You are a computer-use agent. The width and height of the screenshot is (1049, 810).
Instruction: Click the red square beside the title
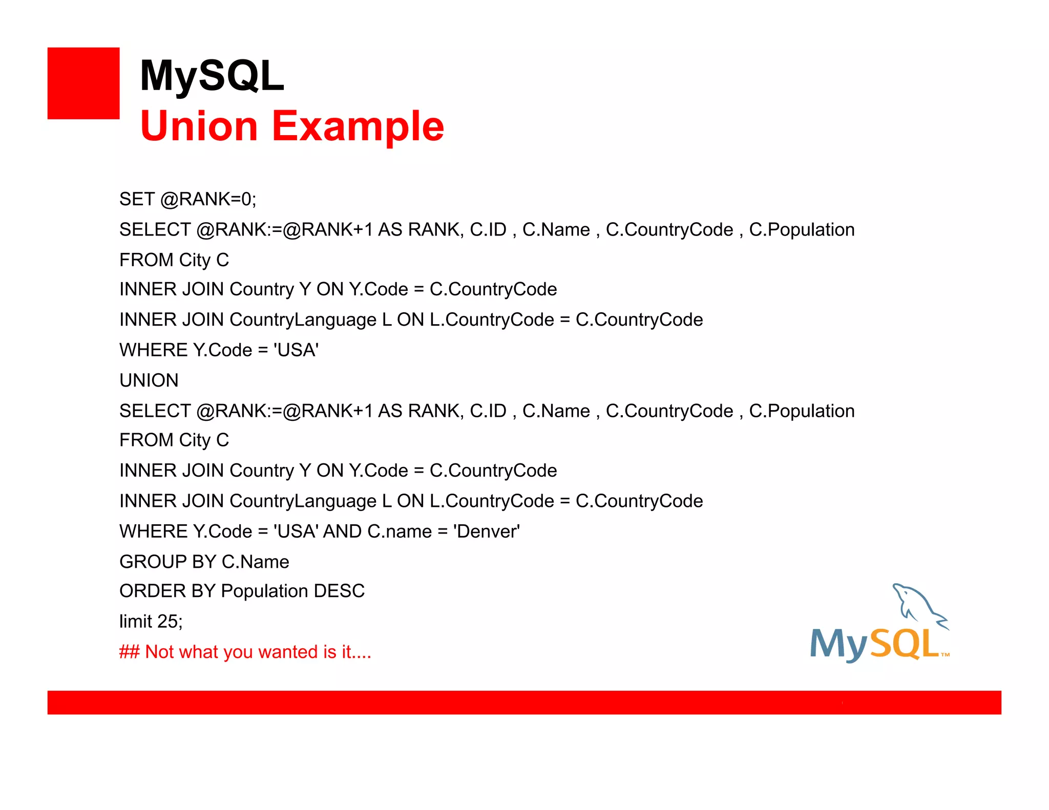coord(83,83)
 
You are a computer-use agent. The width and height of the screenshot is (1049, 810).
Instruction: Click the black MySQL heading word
coord(212,76)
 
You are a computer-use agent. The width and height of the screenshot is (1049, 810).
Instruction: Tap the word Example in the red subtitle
coord(358,126)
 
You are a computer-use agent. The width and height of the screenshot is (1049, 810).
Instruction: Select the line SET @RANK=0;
coord(187,199)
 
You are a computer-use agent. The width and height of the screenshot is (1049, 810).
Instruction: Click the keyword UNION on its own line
coord(149,380)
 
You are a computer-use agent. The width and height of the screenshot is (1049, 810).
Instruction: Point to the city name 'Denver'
coord(486,531)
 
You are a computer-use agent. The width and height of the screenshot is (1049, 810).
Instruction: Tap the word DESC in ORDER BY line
coord(339,591)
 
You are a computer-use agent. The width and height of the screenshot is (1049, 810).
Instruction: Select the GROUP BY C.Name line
coord(204,562)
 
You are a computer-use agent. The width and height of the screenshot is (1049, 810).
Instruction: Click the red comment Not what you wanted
coord(245,652)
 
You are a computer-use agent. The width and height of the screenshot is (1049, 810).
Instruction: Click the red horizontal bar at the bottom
coord(524,702)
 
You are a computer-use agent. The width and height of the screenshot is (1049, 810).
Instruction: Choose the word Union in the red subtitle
coord(199,126)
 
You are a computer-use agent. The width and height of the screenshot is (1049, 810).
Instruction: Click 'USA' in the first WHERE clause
coord(296,350)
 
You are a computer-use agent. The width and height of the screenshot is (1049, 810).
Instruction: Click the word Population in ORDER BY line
coord(264,591)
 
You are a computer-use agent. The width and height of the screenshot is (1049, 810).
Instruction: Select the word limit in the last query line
coord(136,622)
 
